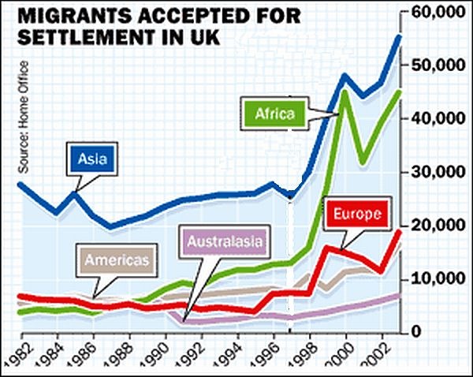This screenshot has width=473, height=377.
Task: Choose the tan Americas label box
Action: click(x=117, y=259)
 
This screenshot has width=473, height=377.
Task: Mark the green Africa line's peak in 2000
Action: click(x=345, y=92)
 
